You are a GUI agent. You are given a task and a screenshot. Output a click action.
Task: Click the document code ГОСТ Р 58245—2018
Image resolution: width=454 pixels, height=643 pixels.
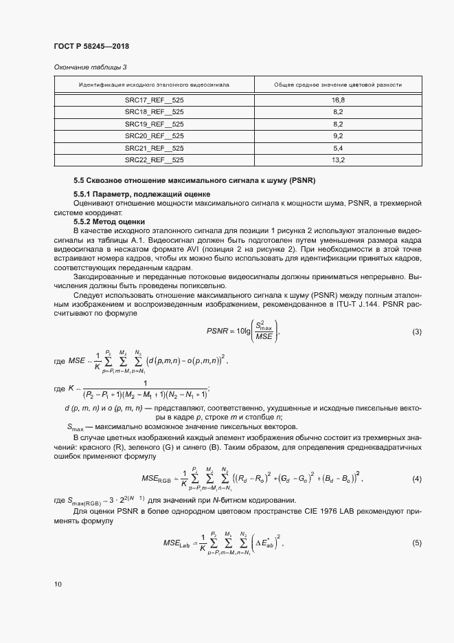[91, 46]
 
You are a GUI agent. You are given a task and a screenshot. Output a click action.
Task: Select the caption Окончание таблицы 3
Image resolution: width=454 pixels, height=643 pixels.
[90, 67]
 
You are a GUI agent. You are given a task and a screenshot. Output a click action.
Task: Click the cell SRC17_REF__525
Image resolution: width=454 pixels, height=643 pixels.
[154, 100]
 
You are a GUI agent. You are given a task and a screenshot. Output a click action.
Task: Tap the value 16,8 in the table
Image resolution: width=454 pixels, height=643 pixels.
[337, 100]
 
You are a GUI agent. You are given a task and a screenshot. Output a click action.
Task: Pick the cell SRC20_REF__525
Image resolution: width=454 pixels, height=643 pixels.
[154, 136]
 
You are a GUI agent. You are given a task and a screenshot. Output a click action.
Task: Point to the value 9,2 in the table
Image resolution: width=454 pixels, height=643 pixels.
[337, 136]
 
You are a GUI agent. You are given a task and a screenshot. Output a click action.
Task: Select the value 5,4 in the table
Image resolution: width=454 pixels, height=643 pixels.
[337, 148]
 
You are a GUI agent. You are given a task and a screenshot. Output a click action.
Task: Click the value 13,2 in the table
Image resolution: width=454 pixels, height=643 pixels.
[337, 160]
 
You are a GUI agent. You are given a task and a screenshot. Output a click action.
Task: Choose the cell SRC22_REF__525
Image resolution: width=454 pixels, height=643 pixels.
[154, 160]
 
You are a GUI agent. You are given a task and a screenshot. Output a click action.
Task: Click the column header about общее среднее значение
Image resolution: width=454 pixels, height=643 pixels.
[337, 85]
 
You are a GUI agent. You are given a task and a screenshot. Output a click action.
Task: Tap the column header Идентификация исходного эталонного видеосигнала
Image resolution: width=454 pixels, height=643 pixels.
[154, 85]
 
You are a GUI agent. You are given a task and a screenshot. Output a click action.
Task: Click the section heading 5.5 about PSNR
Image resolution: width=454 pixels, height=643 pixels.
[194, 181]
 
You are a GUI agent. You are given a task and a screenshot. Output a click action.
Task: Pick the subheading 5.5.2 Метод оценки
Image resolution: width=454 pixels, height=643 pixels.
[109, 221]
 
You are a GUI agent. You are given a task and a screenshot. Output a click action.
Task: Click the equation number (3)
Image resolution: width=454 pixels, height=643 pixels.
[416, 332]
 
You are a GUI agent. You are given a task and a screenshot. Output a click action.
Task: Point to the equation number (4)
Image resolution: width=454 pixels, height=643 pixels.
[416, 478]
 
